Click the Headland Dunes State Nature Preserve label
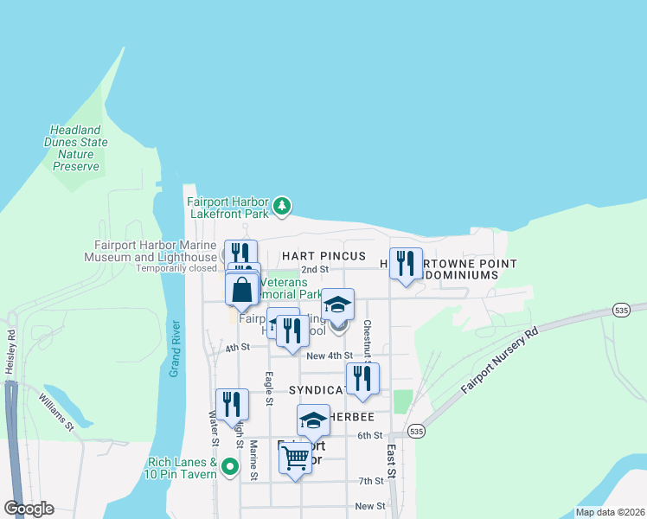click(76, 148)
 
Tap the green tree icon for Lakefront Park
click(281, 206)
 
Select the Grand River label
click(175, 349)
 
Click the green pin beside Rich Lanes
click(230, 467)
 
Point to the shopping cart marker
click(295, 458)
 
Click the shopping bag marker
click(242, 289)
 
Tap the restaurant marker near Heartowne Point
click(406, 264)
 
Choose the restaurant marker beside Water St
click(232, 404)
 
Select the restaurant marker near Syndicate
click(362, 378)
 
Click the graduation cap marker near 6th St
click(313, 420)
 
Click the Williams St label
click(56, 412)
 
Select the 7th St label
click(370, 481)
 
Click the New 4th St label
click(330, 356)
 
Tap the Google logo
click(29, 509)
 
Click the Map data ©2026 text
click(609, 511)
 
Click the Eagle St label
click(270, 388)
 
